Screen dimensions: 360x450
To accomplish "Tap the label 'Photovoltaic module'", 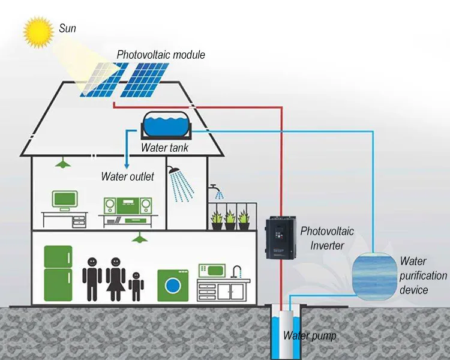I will coord(161,55).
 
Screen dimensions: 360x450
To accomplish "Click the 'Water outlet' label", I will coord(127,176).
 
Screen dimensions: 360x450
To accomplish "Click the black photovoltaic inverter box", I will coord(282,239).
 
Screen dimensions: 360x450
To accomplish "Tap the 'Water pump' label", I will coord(310,335).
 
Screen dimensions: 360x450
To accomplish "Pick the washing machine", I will coord(172,285).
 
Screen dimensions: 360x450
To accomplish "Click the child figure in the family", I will coord(136,286).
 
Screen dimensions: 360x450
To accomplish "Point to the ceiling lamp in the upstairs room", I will coord(61,163).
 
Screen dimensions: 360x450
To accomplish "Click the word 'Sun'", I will coord(67,27).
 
